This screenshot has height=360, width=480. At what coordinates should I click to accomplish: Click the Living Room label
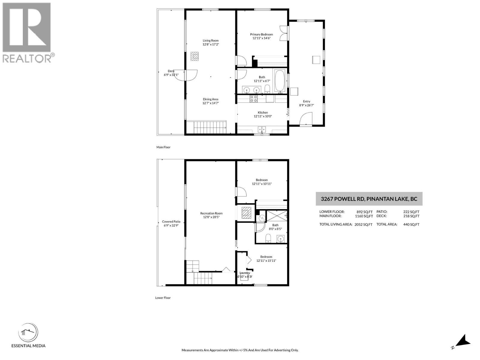(211, 40)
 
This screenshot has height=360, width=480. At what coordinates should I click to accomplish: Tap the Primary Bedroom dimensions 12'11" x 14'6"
(261, 38)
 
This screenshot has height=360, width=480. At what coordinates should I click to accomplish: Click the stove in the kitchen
(253, 99)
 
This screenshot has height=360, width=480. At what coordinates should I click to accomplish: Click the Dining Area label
(211, 99)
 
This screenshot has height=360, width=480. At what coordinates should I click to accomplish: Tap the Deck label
(171, 71)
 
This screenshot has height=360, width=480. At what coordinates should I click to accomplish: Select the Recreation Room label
(211, 213)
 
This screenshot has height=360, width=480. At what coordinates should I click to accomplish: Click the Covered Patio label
(171, 222)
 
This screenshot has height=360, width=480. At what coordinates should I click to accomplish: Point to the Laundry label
(245, 273)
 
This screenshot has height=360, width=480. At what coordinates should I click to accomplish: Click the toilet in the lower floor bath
(268, 239)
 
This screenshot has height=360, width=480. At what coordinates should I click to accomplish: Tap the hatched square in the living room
(195, 56)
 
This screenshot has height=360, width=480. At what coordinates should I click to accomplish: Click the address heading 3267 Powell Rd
(369, 199)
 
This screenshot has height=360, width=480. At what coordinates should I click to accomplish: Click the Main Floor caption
(163, 147)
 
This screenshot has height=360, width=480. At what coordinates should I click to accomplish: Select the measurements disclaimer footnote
(240, 350)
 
